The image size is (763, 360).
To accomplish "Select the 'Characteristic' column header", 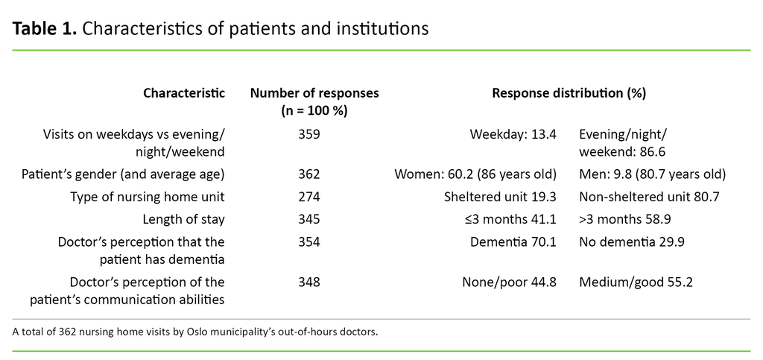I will pyautogui.click(x=184, y=93).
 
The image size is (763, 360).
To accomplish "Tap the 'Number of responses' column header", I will pyautogui.click(x=314, y=93).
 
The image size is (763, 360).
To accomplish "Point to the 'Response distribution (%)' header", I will pyautogui.click(x=569, y=93).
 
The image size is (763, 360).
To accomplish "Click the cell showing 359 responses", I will pyautogui.click(x=308, y=134).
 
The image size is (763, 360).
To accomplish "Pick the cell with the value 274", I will pyautogui.click(x=308, y=196).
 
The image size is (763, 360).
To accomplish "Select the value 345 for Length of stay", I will pyautogui.click(x=308, y=219).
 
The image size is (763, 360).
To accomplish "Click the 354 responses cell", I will pyautogui.click(x=308, y=241).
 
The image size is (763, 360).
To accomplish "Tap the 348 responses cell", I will pyautogui.click(x=308, y=282).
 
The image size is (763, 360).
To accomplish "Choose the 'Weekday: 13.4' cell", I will pyautogui.click(x=513, y=134).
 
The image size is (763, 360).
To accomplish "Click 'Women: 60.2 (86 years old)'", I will pyautogui.click(x=475, y=174).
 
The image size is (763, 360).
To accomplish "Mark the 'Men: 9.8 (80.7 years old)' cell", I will pyautogui.click(x=652, y=174).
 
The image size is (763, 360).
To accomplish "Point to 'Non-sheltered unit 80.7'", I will pyautogui.click(x=645, y=196).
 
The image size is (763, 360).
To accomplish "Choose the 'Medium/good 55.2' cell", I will pyautogui.click(x=630, y=282).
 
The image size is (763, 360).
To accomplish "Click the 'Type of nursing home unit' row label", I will pyautogui.click(x=148, y=196).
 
